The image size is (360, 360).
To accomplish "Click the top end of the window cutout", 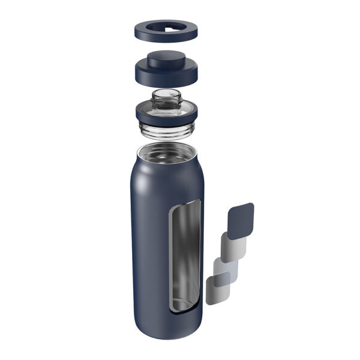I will [x=182, y=205].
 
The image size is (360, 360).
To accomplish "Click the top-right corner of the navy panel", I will [x=251, y=205].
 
